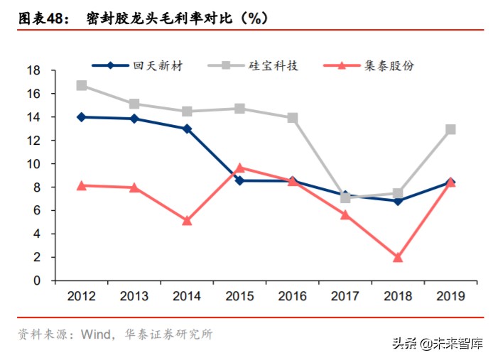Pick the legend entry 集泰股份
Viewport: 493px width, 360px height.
388,66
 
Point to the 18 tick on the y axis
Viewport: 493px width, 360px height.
33,70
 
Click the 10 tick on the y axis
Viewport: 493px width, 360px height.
33,164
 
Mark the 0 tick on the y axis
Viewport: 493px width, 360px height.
37,280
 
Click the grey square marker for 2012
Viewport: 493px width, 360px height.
82,86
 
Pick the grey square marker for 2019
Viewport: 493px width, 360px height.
450,130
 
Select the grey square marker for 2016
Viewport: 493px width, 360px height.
292,118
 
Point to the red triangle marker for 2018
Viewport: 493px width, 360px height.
398,258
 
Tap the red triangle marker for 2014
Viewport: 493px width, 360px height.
187,221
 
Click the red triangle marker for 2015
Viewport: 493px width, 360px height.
239,168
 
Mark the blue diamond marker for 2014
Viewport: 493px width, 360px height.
187,129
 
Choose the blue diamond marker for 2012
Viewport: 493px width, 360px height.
82,117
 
